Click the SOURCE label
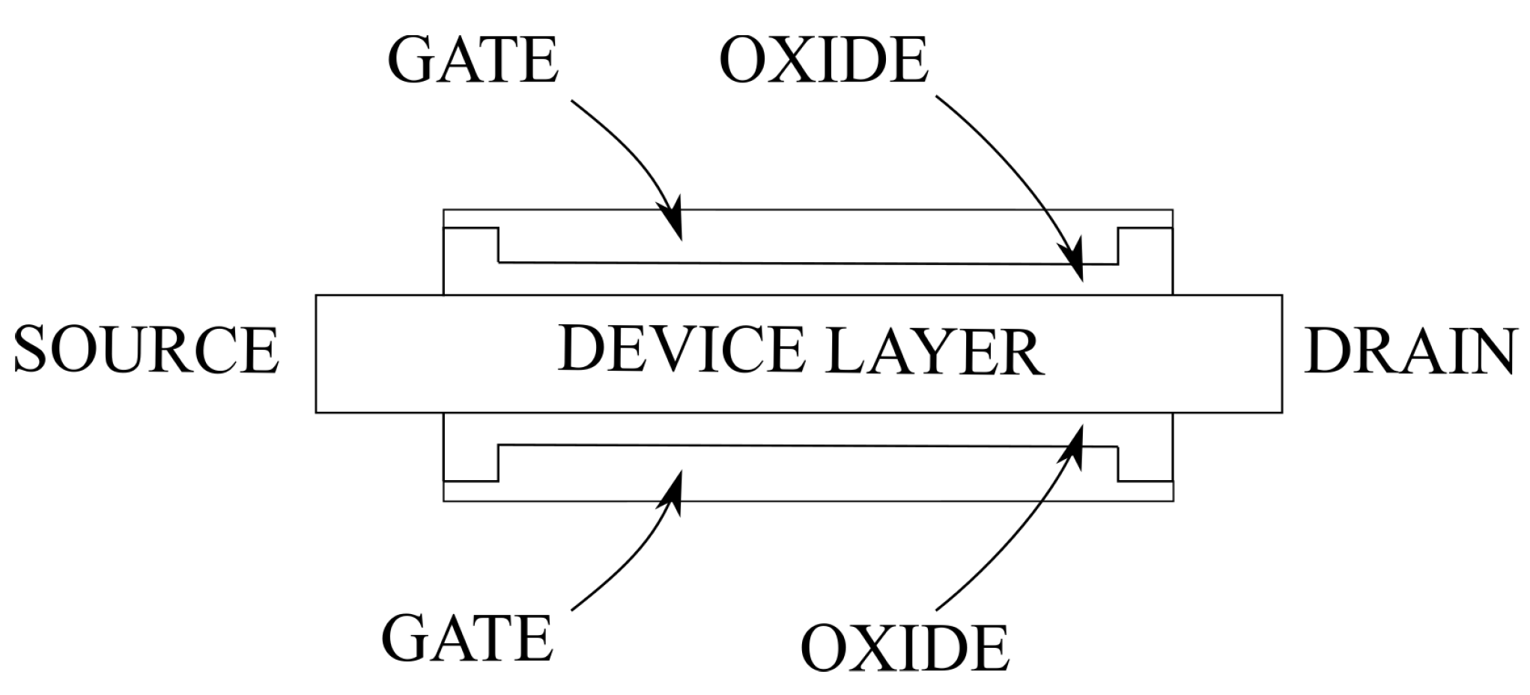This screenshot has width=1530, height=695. pyautogui.click(x=146, y=350)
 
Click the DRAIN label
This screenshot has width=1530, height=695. pyautogui.click(x=1411, y=350)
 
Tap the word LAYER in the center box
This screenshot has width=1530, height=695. pyautogui.click(x=935, y=352)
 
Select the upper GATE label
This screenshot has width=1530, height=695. pyautogui.click(x=473, y=59)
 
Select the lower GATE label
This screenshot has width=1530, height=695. pyautogui.click(x=468, y=637)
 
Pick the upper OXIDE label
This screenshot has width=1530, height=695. pyautogui.click(x=824, y=59)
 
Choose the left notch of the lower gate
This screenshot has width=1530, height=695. pyautogui.click(x=472, y=463)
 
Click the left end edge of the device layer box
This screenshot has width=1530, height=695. pyautogui.click(x=316, y=353)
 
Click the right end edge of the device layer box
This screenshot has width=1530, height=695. pyautogui.click(x=1281, y=353)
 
